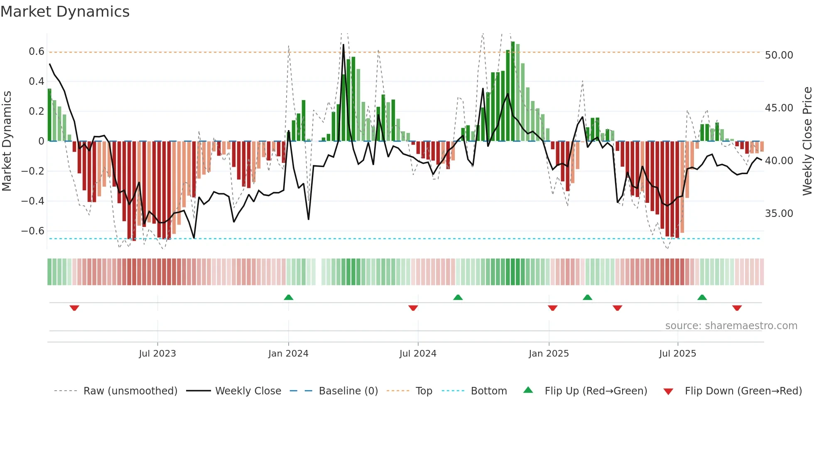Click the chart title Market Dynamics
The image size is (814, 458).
pyautogui.click(x=65, y=12)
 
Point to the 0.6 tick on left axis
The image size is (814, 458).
pyautogui.click(x=37, y=52)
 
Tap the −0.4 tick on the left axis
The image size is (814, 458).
pyautogui.click(x=33, y=201)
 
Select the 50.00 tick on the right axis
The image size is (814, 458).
pyautogui.click(x=779, y=55)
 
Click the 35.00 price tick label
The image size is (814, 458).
pyautogui.click(x=779, y=214)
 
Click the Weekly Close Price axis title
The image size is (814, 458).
pyautogui.click(x=807, y=141)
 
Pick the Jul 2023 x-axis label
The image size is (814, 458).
pyautogui.click(x=157, y=354)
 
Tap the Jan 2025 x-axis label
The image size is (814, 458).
pyautogui.click(x=549, y=354)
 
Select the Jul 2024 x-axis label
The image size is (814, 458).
pyautogui.click(x=418, y=354)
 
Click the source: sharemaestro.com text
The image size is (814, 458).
pyautogui.click(x=731, y=326)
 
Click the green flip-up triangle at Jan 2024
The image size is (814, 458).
pyautogui.click(x=289, y=297)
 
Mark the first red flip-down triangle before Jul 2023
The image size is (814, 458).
pyautogui.click(x=74, y=308)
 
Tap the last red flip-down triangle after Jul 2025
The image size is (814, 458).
pyautogui.click(x=737, y=308)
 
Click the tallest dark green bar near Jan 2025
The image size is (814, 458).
pyautogui.click(x=513, y=91)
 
